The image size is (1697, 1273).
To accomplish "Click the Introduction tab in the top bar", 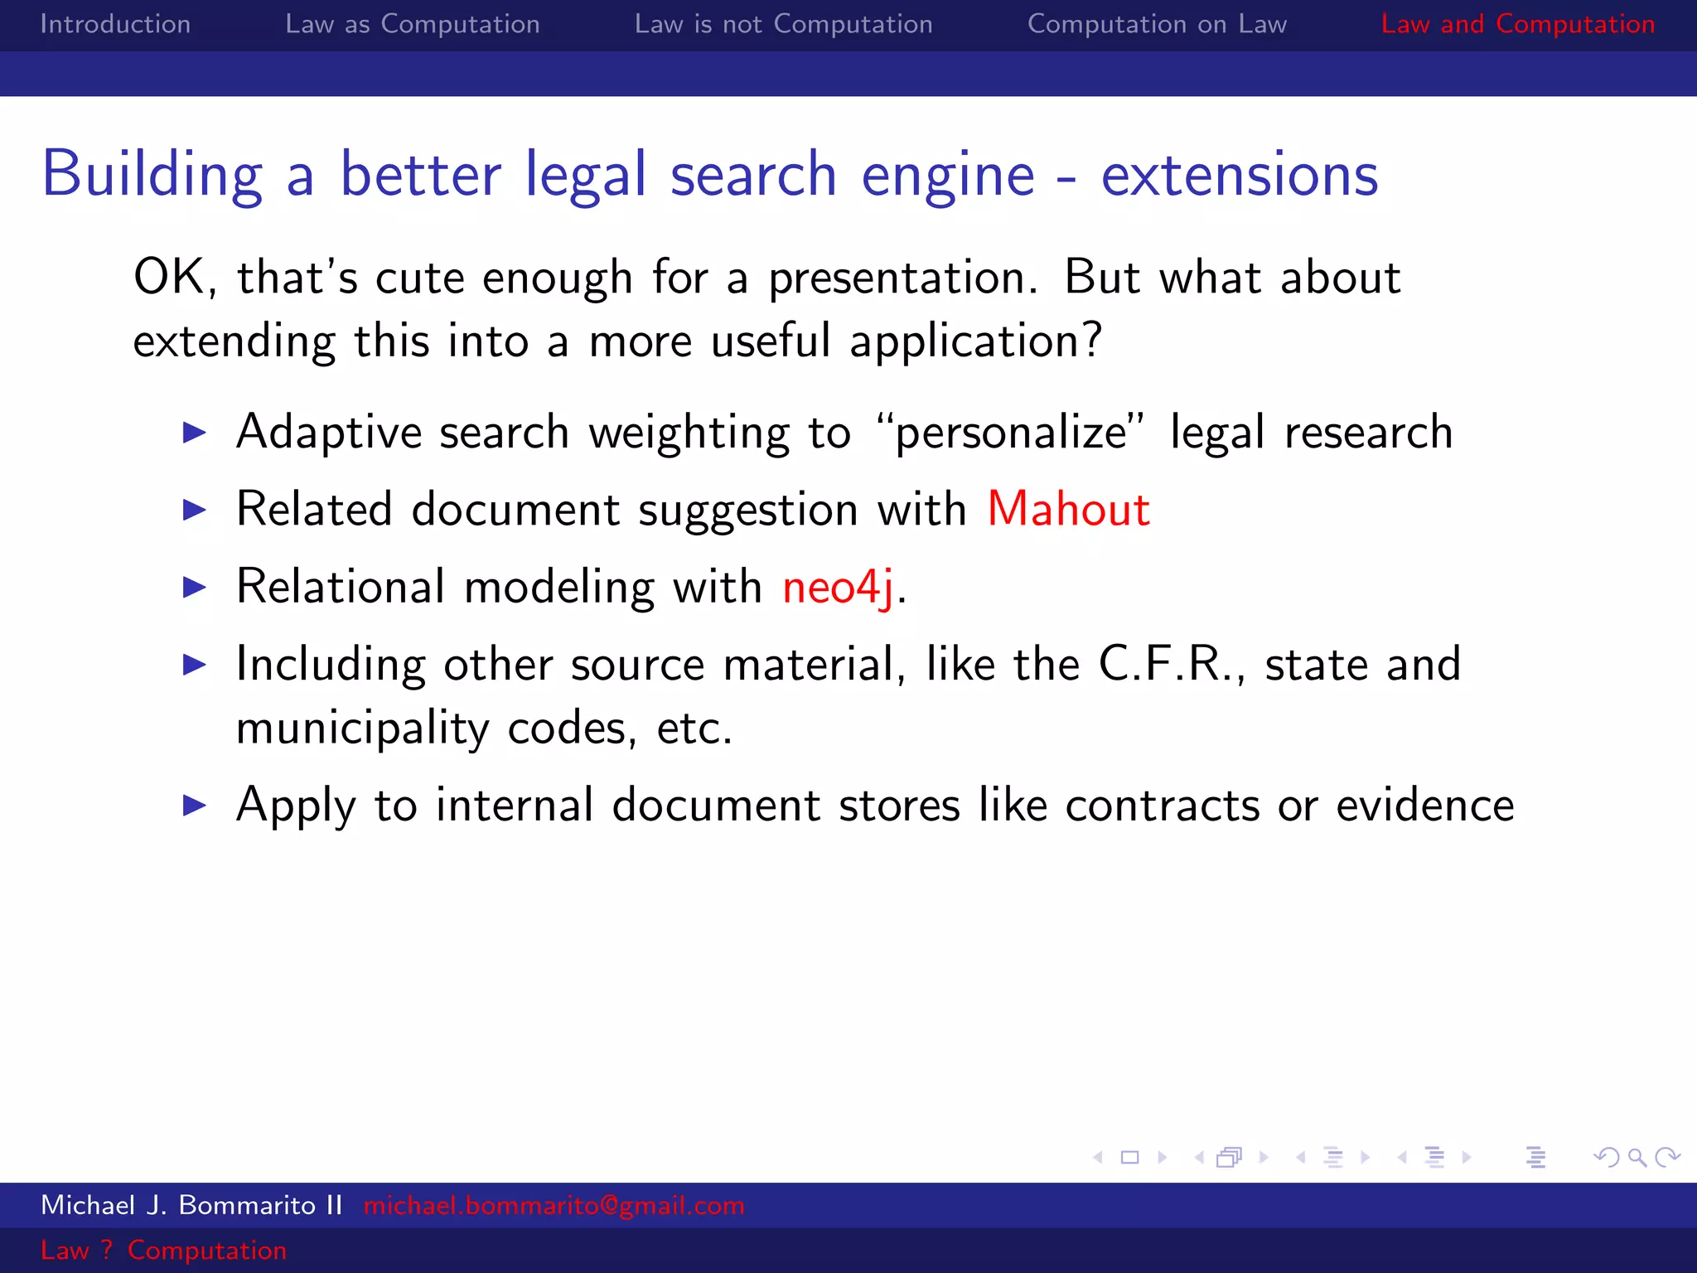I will (115, 24).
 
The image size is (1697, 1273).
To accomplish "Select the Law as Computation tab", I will (412, 24).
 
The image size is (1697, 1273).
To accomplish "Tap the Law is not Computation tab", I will (783, 24).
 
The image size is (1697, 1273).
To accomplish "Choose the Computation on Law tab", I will (1157, 24).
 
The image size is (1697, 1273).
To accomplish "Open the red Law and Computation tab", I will (1517, 24).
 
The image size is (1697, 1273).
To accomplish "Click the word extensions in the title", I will (1239, 175).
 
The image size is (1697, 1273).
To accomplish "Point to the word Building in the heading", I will (152, 175).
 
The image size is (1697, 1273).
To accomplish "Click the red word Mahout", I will (1068, 509).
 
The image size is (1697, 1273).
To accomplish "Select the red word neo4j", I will (838, 587).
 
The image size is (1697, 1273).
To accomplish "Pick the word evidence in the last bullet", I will (1425, 805).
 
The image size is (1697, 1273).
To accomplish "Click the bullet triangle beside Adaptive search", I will (194, 432).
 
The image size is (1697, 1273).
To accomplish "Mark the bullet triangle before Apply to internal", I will (194, 805).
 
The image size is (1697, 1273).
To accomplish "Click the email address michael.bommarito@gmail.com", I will (554, 1205).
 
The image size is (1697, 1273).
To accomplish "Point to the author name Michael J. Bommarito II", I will (191, 1205).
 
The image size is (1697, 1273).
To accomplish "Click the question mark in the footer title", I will (106, 1250).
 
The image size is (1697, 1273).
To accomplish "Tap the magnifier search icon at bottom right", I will (1637, 1157).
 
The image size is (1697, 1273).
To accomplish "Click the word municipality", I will (363, 728).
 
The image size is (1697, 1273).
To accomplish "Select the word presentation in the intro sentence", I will (902, 278).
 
